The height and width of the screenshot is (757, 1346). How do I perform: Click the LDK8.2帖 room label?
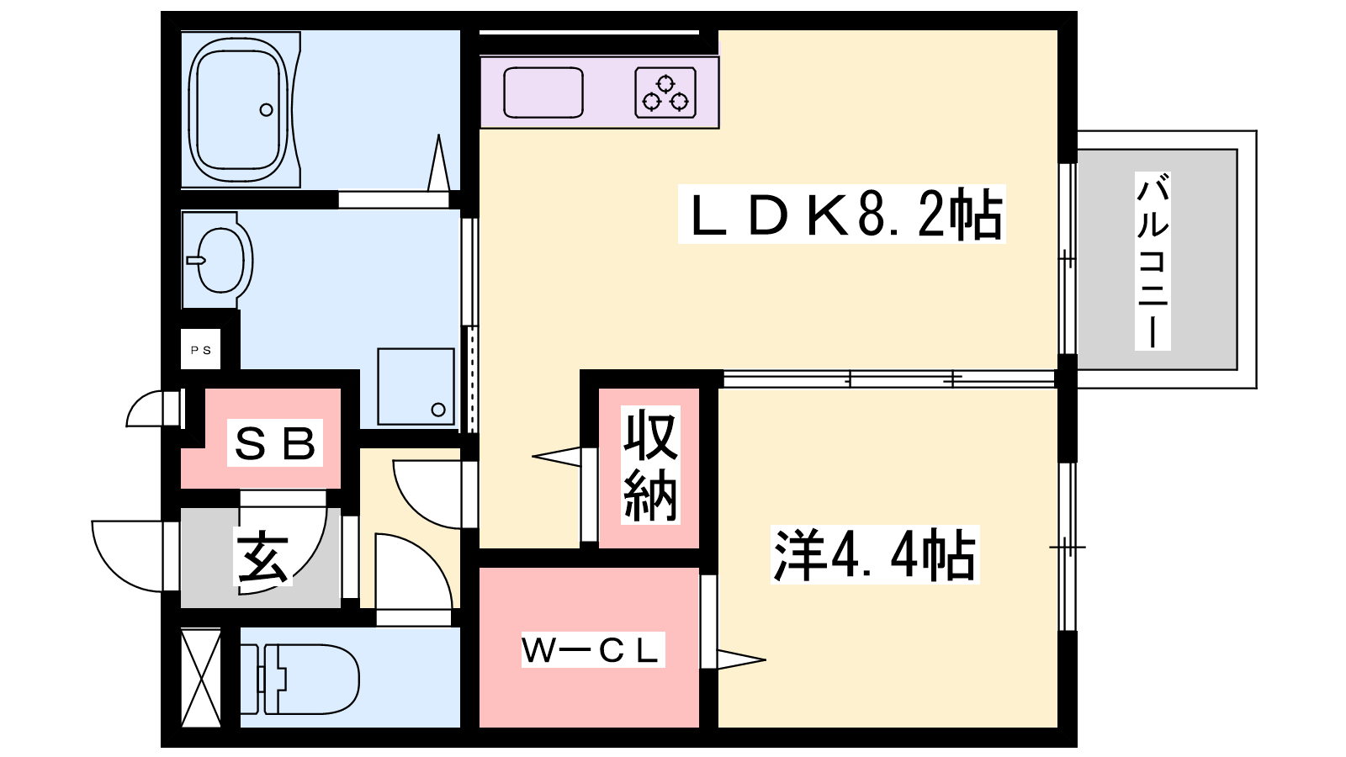click(x=841, y=215)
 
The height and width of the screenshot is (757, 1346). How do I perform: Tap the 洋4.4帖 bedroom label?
click(x=875, y=555)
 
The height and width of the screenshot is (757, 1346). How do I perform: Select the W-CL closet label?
click(x=592, y=650)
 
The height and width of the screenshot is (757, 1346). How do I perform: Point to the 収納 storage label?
click(x=650, y=465)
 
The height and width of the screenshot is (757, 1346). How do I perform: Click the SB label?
click(x=275, y=443)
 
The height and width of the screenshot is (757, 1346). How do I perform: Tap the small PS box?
click(x=201, y=350)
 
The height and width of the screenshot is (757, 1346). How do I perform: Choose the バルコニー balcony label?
click(x=1153, y=261)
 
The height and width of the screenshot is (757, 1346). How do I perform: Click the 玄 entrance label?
click(x=263, y=557)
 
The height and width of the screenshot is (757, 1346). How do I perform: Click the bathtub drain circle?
click(x=267, y=109)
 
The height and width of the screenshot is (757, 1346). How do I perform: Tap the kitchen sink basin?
click(x=543, y=93)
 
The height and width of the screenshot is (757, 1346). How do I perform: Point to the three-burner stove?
click(x=665, y=93)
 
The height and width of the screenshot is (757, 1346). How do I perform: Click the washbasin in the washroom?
click(x=220, y=261)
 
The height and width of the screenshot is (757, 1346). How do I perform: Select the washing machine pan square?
click(x=416, y=386)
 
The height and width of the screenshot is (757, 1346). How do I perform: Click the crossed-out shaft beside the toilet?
click(x=201, y=678)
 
